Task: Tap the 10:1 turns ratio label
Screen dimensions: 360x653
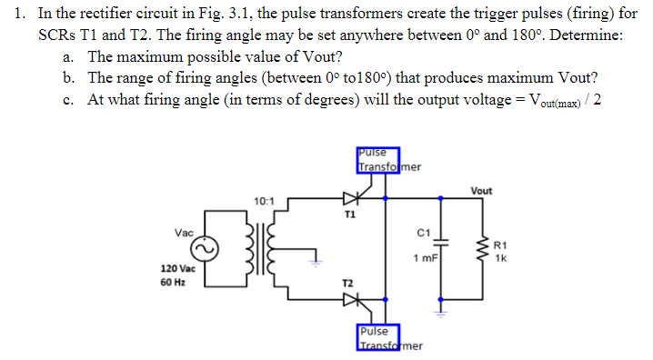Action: (x=263, y=200)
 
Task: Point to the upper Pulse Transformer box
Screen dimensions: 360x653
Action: (x=377, y=160)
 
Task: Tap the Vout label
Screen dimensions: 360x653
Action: (x=482, y=190)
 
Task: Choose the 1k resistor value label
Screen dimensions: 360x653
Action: (x=501, y=257)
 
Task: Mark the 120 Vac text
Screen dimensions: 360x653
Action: (x=176, y=269)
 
